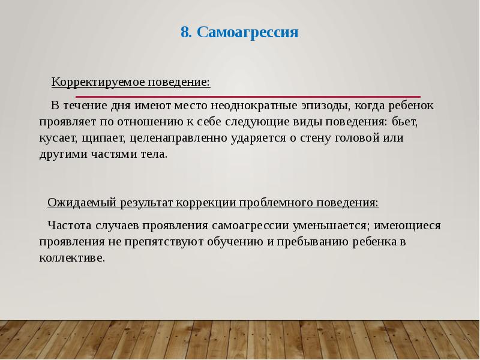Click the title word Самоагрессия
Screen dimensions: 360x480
[248, 32]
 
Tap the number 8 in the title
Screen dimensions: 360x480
[185, 32]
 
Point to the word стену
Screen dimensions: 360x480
[296, 138]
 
